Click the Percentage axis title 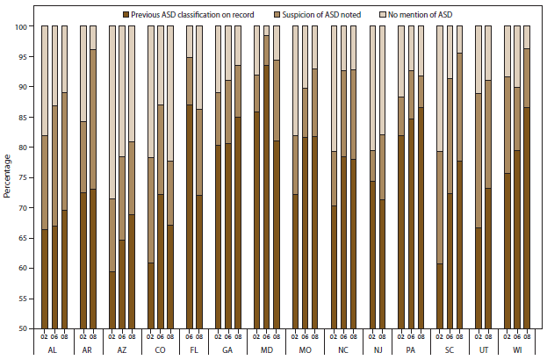pos(7,177)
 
